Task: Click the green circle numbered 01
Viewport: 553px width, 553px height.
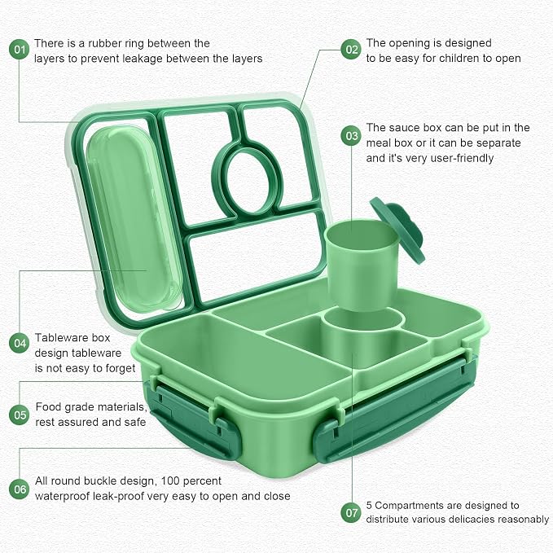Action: (x=19, y=50)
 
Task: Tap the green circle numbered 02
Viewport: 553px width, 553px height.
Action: (x=351, y=49)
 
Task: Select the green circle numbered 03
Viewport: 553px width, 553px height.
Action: (x=351, y=136)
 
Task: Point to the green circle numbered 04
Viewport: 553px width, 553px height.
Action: (x=19, y=343)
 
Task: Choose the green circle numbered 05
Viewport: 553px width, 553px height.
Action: (x=19, y=415)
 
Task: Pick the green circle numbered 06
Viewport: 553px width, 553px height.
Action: (x=19, y=489)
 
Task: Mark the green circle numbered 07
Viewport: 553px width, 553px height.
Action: (x=351, y=512)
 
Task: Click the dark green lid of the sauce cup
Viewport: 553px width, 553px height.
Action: (x=397, y=229)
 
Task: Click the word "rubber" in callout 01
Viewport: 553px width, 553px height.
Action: (x=103, y=43)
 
